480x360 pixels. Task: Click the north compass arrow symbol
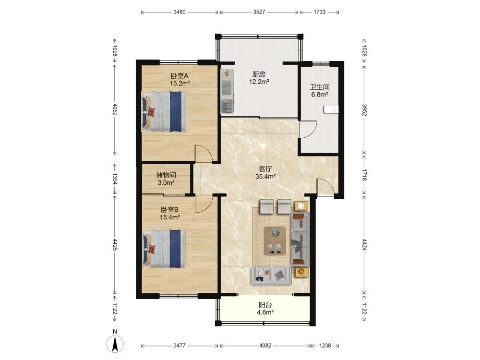pyautogui.click(x=115, y=344)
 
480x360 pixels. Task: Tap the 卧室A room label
pyautogui.click(x=180, y=76)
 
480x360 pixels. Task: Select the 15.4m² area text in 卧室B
pyautogui.click(x=169, y=217)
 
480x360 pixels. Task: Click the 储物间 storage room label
pyautogui.click(x=166, y=175)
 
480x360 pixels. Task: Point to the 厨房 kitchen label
pyautogui.click(x=259, y=74)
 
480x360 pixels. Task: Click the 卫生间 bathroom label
pyautogui.click(x=320, y=87)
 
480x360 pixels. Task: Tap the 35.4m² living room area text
pyautogui.click(x=265, y=176)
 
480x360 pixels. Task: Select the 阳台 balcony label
pyautogui.click(x=265, y=305)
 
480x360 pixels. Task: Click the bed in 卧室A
pyautogui.click(x=164, y=112)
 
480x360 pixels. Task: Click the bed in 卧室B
pyautogui.click(x=164, y=249)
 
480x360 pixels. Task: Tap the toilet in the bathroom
pyautogui.click(x=331, y=109)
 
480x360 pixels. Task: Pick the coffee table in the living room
pyautogui.click(x=275, y=240)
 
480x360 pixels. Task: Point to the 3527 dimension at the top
pyautogui.click(x=259, y=12)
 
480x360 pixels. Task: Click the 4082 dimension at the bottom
pyautogui.click(x=265, y=346)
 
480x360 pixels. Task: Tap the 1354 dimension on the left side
pyautogui.click(x=115, y=179)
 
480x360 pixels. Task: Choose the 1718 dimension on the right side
pyautogui.click(x=364, y=175)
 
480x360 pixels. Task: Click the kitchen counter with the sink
pyautogui.click(x=227, y=91)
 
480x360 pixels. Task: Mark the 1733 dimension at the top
pyautogui.click(x=319, y=12)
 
